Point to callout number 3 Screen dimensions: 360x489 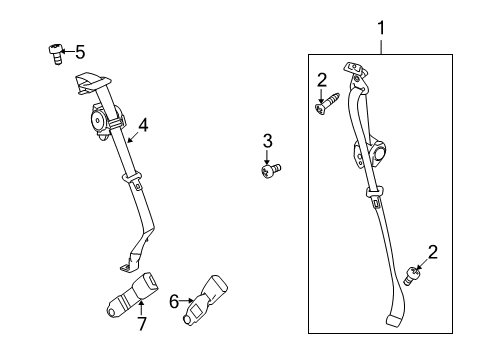tap(267, 140)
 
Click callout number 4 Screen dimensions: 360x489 tap(143, 125)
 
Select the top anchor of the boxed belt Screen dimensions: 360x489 tap(353, 70)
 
